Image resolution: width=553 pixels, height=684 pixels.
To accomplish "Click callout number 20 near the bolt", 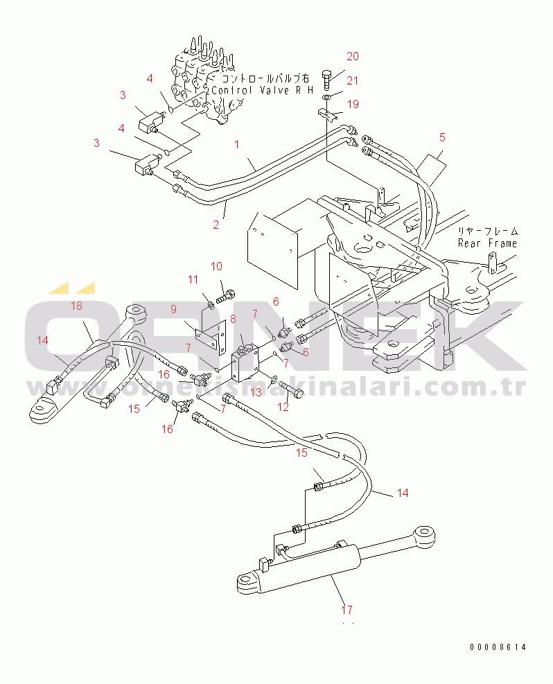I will (x=353, y=57).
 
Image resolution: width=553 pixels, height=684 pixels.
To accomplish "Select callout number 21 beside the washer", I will (x=353, y=80).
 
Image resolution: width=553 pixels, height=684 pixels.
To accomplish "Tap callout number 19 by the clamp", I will (x=353, y=105).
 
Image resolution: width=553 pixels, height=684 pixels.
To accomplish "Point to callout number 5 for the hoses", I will (x=442, y=137).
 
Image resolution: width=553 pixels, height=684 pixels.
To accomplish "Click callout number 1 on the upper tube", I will (x=236, y=145).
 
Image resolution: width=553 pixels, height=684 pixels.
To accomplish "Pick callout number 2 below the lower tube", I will (x=216, y=224).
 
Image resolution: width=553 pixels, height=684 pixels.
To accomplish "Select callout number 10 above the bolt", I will (x=216, y=266).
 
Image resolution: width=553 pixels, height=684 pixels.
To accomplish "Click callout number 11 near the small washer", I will (x=192, y=279).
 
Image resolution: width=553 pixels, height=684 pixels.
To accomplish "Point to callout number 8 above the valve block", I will (x=233, y=319).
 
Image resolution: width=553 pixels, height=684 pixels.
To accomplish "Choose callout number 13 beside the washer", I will (x=256, y=392).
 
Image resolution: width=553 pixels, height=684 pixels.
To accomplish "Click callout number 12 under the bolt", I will (x=283, y=407).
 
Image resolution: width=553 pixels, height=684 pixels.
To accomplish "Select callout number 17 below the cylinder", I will (x=346, y=610).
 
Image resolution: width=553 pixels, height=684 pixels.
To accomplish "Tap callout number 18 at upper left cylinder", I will (x=76, y=306).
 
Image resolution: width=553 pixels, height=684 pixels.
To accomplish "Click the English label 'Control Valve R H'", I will (x=262, y=90).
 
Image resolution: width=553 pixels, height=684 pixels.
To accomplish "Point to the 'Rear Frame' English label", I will (x=487, y=243).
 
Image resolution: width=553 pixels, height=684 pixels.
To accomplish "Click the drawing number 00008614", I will (x=498, y=647).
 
